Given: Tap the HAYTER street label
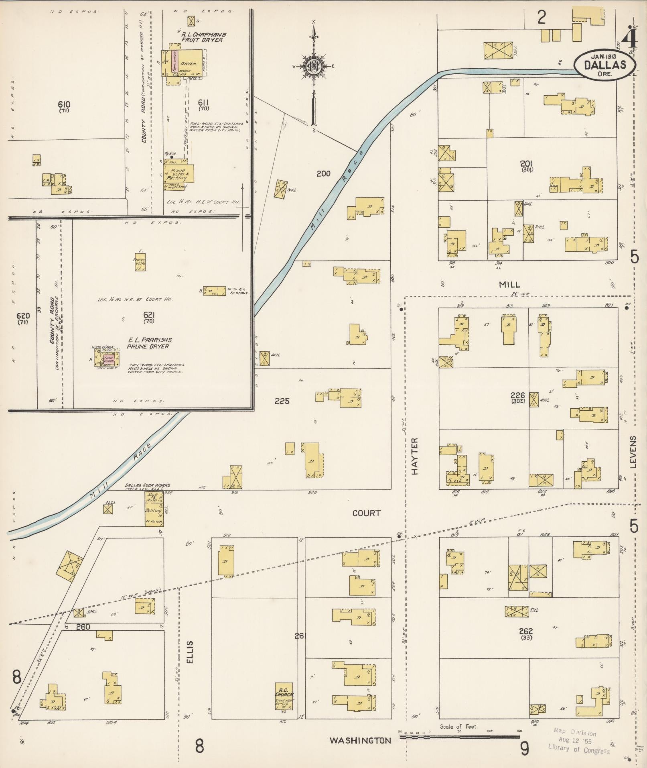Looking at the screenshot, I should tap(414, 456).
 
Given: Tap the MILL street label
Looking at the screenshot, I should tap(509, 285).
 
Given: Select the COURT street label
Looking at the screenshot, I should tap(367, 513).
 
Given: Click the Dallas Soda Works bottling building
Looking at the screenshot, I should tap(154, 509).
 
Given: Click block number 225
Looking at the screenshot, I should tap(282, 401).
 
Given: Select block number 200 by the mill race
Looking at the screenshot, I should tap(323, 173).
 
